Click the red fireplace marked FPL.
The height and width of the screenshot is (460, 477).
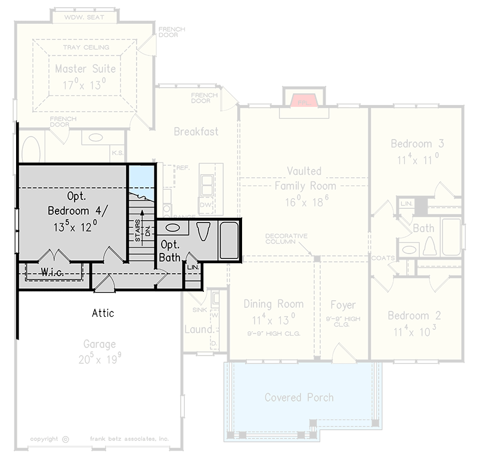point(305,100)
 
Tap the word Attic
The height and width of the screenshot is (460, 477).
point(103,313)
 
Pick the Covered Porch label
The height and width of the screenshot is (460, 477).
point(299,397)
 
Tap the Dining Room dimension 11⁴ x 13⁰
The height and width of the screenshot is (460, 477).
point(273,318)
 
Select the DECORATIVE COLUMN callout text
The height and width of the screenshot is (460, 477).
point(286,239)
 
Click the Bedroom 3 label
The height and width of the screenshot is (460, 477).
point(417,144)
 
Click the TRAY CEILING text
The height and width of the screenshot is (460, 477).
point(86,47)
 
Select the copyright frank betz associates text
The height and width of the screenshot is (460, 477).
point(100,439)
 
